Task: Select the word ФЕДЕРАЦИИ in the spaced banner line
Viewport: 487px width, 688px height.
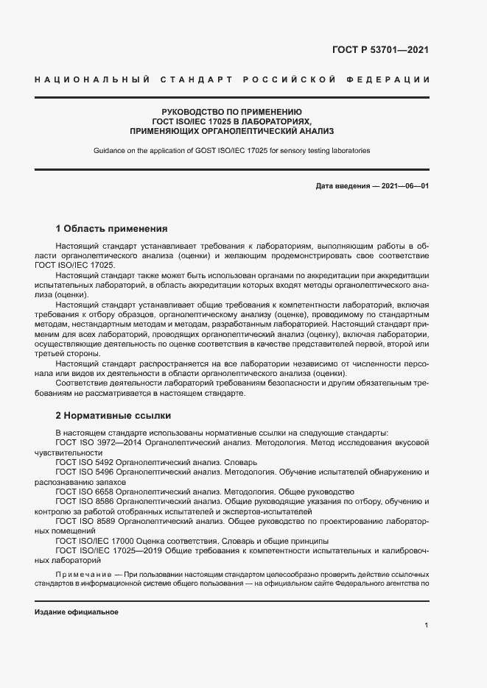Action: point(396,79)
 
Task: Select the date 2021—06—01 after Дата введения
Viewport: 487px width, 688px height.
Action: point(404,186)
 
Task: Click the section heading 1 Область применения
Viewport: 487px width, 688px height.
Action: point(112,229)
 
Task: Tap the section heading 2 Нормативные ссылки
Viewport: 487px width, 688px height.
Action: point(113,415)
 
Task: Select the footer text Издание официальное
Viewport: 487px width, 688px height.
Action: point(77,612)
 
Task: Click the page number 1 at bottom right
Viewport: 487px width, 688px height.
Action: point(427,625)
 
